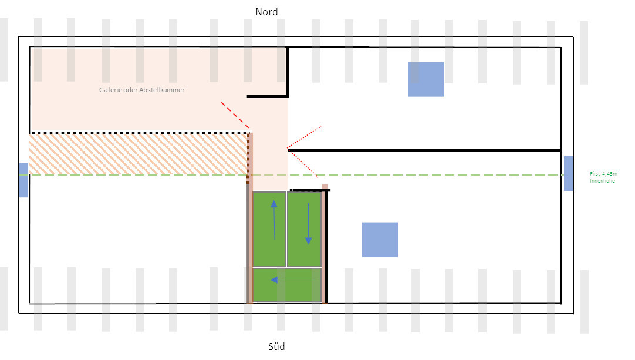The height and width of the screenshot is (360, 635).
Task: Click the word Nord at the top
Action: pos(266,12)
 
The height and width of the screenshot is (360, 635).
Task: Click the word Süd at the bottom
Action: pos(276,346)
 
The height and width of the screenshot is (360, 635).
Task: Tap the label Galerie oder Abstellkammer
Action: pos(141,90)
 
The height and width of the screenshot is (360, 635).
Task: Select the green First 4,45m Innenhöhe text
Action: pos(602,177)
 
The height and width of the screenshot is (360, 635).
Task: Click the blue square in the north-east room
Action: pos(426,79)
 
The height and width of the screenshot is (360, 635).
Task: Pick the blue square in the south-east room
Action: pos(380,240)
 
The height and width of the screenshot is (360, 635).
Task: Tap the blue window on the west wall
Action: pos(23,180)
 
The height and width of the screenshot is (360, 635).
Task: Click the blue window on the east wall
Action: pos(569,173)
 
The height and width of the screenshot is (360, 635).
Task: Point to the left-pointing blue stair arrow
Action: pos(293,280)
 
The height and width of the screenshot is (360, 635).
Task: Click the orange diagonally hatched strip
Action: pos(138,154)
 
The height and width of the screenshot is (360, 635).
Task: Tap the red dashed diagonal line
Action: pos(235,115)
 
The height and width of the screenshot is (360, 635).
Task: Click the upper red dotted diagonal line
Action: pos(305,137)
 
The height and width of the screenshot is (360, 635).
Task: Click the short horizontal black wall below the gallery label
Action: pos(266,96)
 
